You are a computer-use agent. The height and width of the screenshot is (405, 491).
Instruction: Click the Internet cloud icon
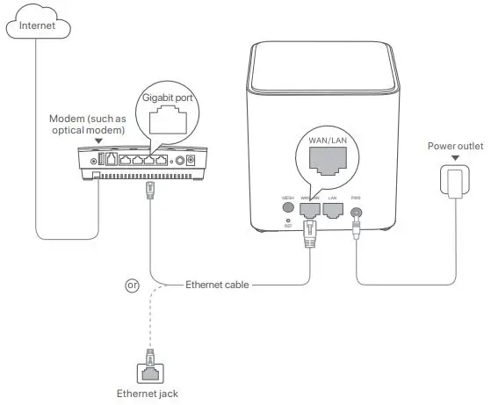coord(35,26)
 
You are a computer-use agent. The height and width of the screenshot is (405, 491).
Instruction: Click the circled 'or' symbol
coord(133,285)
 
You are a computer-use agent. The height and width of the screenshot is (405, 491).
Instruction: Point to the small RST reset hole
coord(287,220)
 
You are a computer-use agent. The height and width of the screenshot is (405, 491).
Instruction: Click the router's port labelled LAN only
coord(333,210)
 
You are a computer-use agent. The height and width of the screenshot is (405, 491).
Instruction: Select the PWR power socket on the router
coord(357,211)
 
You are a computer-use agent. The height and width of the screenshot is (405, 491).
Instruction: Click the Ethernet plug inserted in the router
coord(309,230)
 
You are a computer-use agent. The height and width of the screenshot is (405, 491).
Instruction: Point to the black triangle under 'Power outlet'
coord(454,159)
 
